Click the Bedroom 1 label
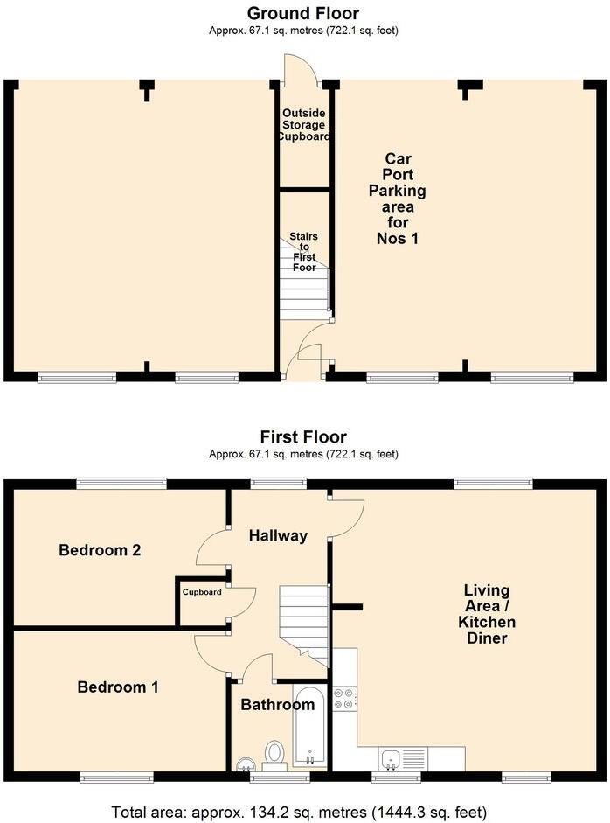tap(117, 687)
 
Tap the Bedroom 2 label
tap(100, 549)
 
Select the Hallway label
tap(278, 536)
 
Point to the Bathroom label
tap(277, 704)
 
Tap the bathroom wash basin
tap(245, 764)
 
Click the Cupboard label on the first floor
tap(202, 592)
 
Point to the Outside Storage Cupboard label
tap(303, 125)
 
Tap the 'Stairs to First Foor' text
tap(304, 252)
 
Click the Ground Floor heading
tap(303, 13)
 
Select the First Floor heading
tap(303, 436)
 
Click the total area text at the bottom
tap(299, 813)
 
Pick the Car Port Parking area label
tap(398, 199)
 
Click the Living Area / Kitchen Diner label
tap(487, 614)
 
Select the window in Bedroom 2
tap(121, 483)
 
